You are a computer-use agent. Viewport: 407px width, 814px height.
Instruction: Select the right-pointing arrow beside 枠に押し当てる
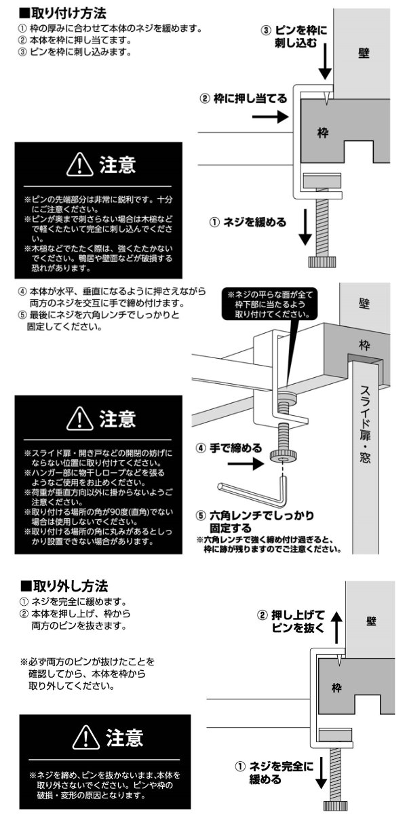(x=273, y=117)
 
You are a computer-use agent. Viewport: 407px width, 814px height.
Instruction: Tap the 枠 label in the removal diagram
(x=337, y=688)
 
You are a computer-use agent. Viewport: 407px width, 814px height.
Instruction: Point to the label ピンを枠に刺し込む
(x=298, y=36)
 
